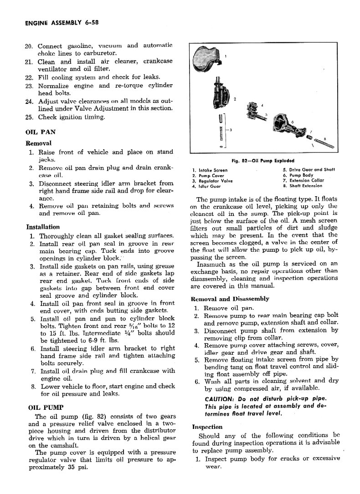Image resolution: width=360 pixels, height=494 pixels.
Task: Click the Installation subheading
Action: (x=43, y=227)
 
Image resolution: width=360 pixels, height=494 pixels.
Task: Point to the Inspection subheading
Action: (x=207, y=427)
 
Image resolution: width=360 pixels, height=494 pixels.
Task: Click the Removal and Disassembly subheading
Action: (x=231, y=299)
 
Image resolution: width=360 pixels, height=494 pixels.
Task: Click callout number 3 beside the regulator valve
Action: (x=231, y=130)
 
